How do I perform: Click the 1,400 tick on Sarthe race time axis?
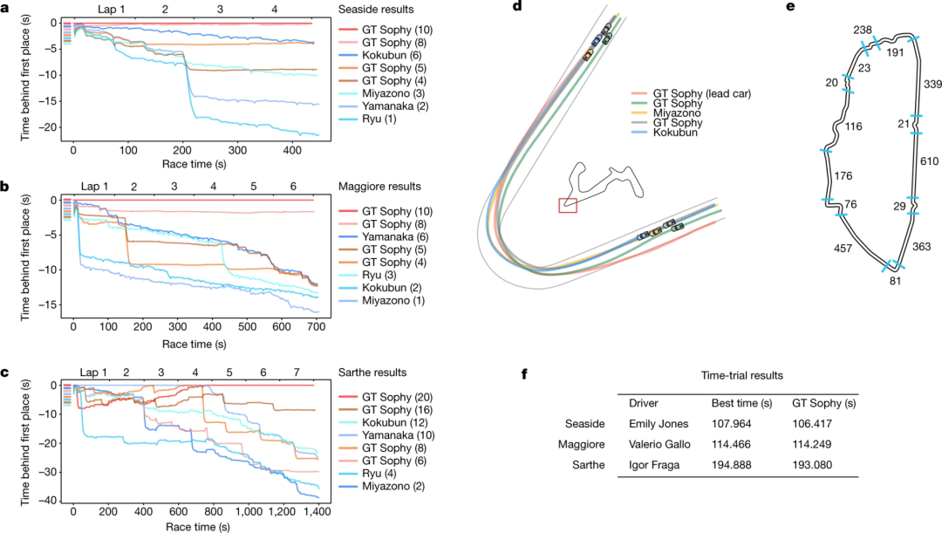(x=317, y=510)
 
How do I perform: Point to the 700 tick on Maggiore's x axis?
(x=316, y=325)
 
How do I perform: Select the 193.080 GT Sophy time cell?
(x=814, y=465)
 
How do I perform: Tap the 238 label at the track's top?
(x=863, y=29)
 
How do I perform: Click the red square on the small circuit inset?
(x=568, y=205)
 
